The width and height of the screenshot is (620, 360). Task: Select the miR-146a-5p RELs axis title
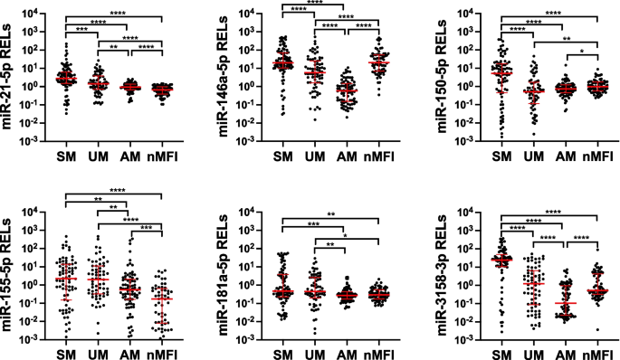[x=222, y=73]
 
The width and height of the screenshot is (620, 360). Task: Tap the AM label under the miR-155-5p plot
[x=130, y=351]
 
